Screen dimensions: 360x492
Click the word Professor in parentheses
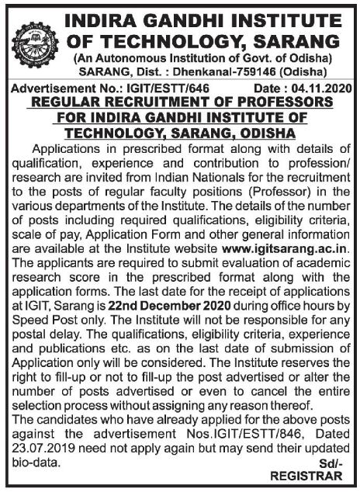click(292, 190)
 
